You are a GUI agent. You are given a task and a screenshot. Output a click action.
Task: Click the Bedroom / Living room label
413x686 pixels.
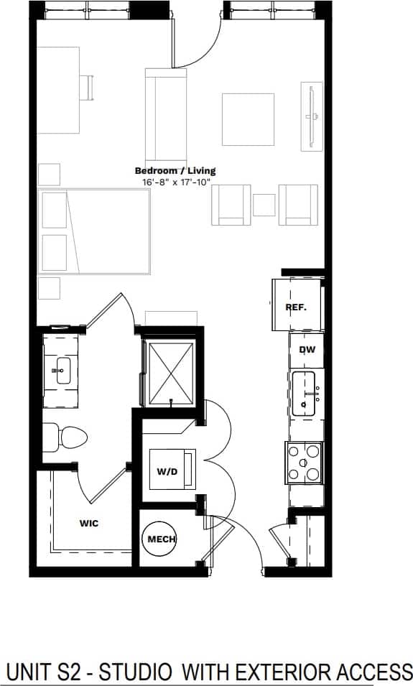click(x=175, y=171)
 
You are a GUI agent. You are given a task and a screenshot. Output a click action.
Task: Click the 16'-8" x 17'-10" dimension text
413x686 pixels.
click(x=175, y=182)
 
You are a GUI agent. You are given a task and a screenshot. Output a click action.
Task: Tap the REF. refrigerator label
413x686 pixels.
click(x=295, y=307)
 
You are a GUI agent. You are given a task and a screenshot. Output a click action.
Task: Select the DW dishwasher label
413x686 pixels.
click(x=307, y=350)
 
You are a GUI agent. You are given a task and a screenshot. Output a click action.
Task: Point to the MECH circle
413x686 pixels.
click(x=162, y=539)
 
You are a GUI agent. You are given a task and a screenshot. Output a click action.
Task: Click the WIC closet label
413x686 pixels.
click(x=88, y=523)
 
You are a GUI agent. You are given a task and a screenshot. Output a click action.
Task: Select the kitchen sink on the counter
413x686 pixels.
click(x=307, y=394)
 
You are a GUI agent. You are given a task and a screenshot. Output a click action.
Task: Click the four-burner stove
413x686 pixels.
click(x=305, y=462)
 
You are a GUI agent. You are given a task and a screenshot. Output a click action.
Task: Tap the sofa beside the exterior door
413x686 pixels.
click(x=166, y=115)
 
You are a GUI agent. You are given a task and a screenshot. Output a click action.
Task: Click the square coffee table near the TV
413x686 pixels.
click(x=248, y=119)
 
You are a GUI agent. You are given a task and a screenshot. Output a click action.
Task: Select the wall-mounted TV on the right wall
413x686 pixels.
click(x=312, y=116)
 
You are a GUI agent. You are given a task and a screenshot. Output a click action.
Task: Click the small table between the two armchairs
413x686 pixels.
click(x=264, y=205)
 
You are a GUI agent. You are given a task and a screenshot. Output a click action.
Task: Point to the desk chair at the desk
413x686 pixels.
click(x=87, y=88)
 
